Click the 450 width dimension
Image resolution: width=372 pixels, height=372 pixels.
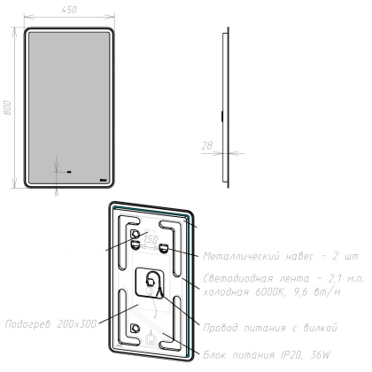coord(67,10)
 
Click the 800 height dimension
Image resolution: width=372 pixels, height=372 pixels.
coord(9,108)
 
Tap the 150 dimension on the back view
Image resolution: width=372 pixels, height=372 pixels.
coord(151,240)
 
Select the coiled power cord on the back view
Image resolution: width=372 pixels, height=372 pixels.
coord(151,285)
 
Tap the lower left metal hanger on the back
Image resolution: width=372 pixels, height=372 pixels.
coord(135,329)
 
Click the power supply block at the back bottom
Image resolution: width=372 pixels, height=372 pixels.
coord(151,337)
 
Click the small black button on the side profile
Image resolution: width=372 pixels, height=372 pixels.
coord(221,113)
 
